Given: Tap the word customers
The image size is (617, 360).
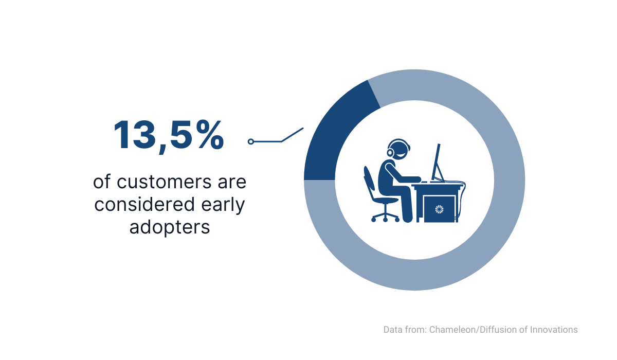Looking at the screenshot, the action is (x=164, y=182).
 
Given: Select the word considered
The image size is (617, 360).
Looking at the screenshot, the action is (x=144, y=204).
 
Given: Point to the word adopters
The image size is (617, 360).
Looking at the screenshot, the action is (x=170, y=228).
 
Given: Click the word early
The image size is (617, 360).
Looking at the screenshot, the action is (x=223, y=205).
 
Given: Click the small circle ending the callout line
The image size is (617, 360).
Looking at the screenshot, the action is (x=251, y=141).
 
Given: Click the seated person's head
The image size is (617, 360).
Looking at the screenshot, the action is (x=399, y=150).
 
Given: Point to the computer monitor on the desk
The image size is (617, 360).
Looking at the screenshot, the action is (x=437, y=163).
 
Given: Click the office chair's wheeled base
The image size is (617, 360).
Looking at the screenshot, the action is (x=385, y=215).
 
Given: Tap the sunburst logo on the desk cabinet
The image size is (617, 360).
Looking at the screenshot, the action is (x=439, y=209).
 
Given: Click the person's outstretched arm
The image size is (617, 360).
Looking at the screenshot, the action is (x=402, y=173).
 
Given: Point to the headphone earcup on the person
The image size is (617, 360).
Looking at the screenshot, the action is (x=390, y=152).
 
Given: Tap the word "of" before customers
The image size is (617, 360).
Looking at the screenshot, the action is (x=102, y=182).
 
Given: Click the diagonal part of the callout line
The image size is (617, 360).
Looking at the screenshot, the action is (x=292, y=135).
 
